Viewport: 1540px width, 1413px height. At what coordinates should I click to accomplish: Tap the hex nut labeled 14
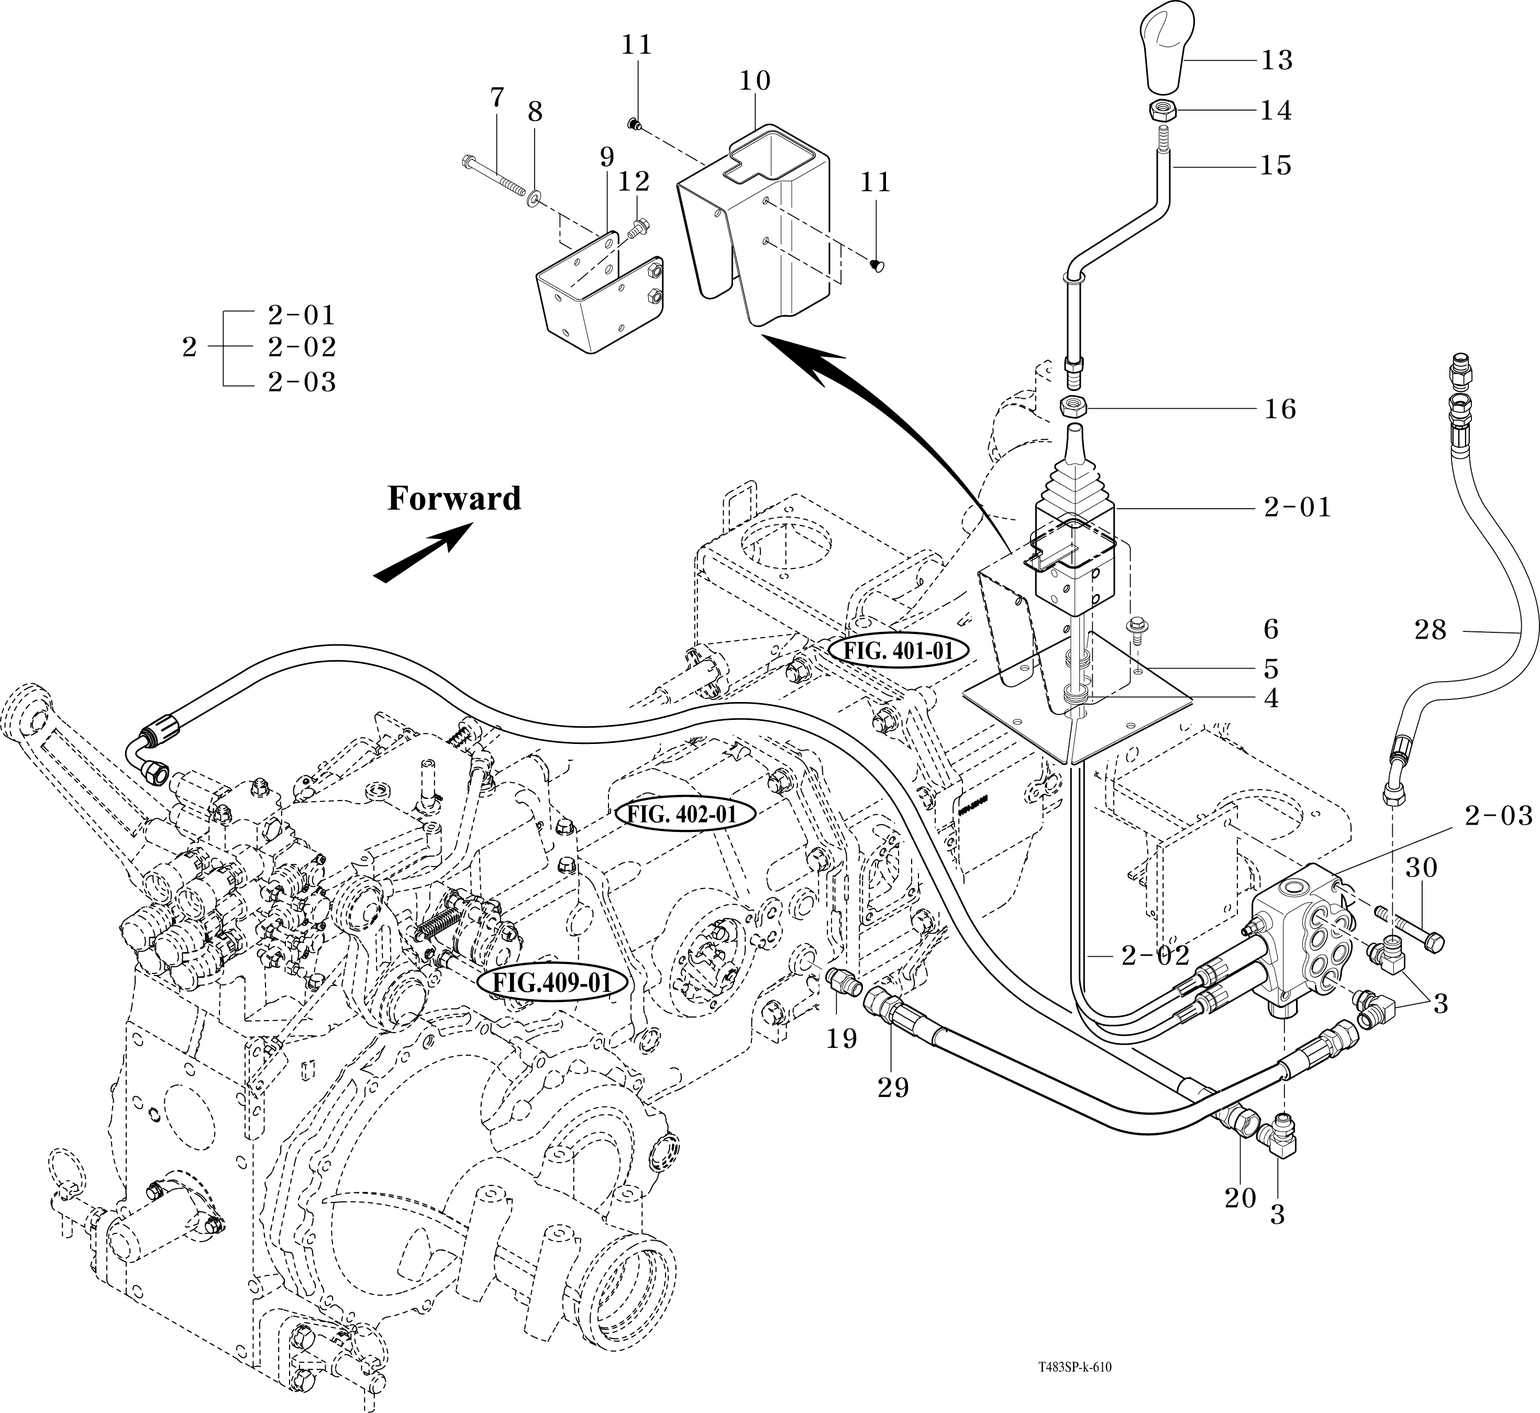pyautogui.click(x=1160, y=112)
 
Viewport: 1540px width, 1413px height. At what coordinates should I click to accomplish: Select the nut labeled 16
pyautogui.click(x=1074, y=407)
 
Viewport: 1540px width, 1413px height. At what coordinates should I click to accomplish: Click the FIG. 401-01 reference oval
pyautogui.click(x=898, y=651)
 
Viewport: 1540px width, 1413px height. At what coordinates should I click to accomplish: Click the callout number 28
pyautogui.click(x=1430, y=630)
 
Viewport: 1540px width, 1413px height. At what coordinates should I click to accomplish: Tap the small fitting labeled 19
pyautogui.click(x=844, y=980)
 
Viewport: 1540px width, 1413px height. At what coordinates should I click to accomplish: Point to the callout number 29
pyautogui.click(x=893, y=1087)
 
